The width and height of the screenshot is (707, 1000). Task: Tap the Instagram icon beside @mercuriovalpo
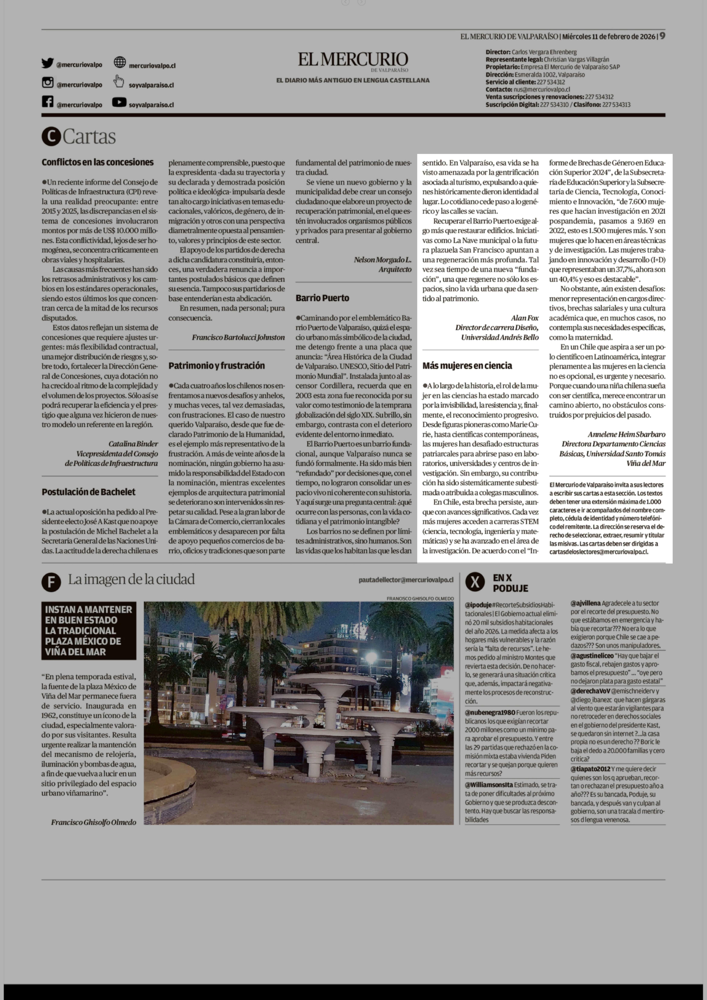point(47,82)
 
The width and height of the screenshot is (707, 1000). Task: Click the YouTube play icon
point(119,102)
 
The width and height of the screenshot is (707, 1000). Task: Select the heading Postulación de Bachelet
point(88,492)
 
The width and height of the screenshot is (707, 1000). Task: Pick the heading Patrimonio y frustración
point(216,365)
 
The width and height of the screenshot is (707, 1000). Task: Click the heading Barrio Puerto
point(322,298)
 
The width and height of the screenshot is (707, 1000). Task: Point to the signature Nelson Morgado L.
point(382,260)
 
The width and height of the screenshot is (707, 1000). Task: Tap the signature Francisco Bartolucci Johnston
point(238,337)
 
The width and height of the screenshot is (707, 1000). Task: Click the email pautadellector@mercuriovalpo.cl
point(406,580)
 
